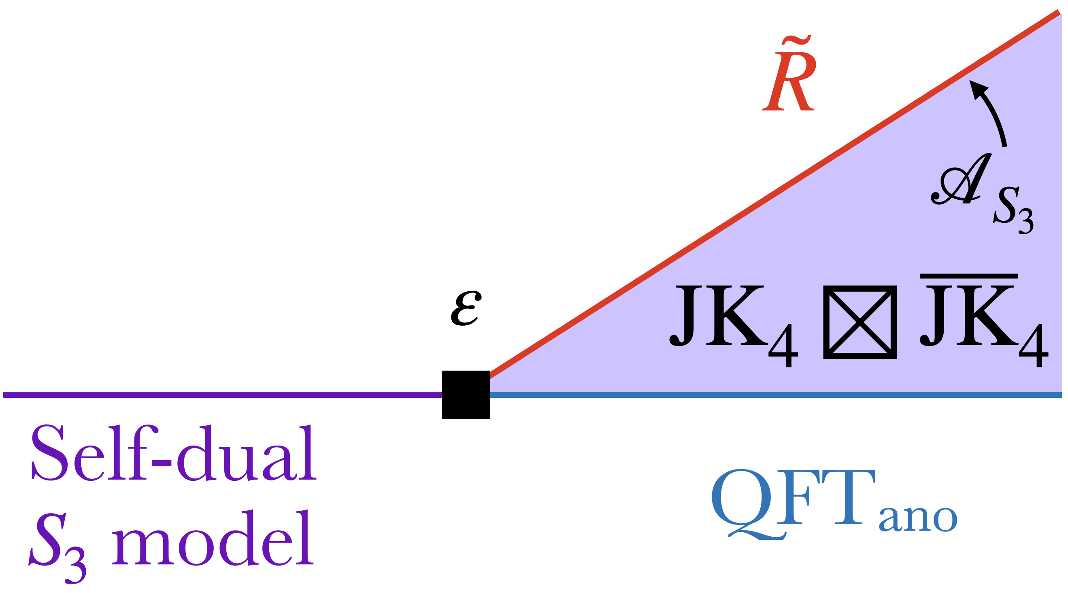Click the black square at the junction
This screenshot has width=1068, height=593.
click(466, 395)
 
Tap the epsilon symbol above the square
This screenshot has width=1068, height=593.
click(466, 308)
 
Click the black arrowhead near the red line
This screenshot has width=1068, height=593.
click(978, 89)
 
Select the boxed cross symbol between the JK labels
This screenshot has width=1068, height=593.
click(860, 322)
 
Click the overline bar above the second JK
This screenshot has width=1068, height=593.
click(969, 276)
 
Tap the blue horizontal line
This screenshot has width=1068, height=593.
click(775, 395)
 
